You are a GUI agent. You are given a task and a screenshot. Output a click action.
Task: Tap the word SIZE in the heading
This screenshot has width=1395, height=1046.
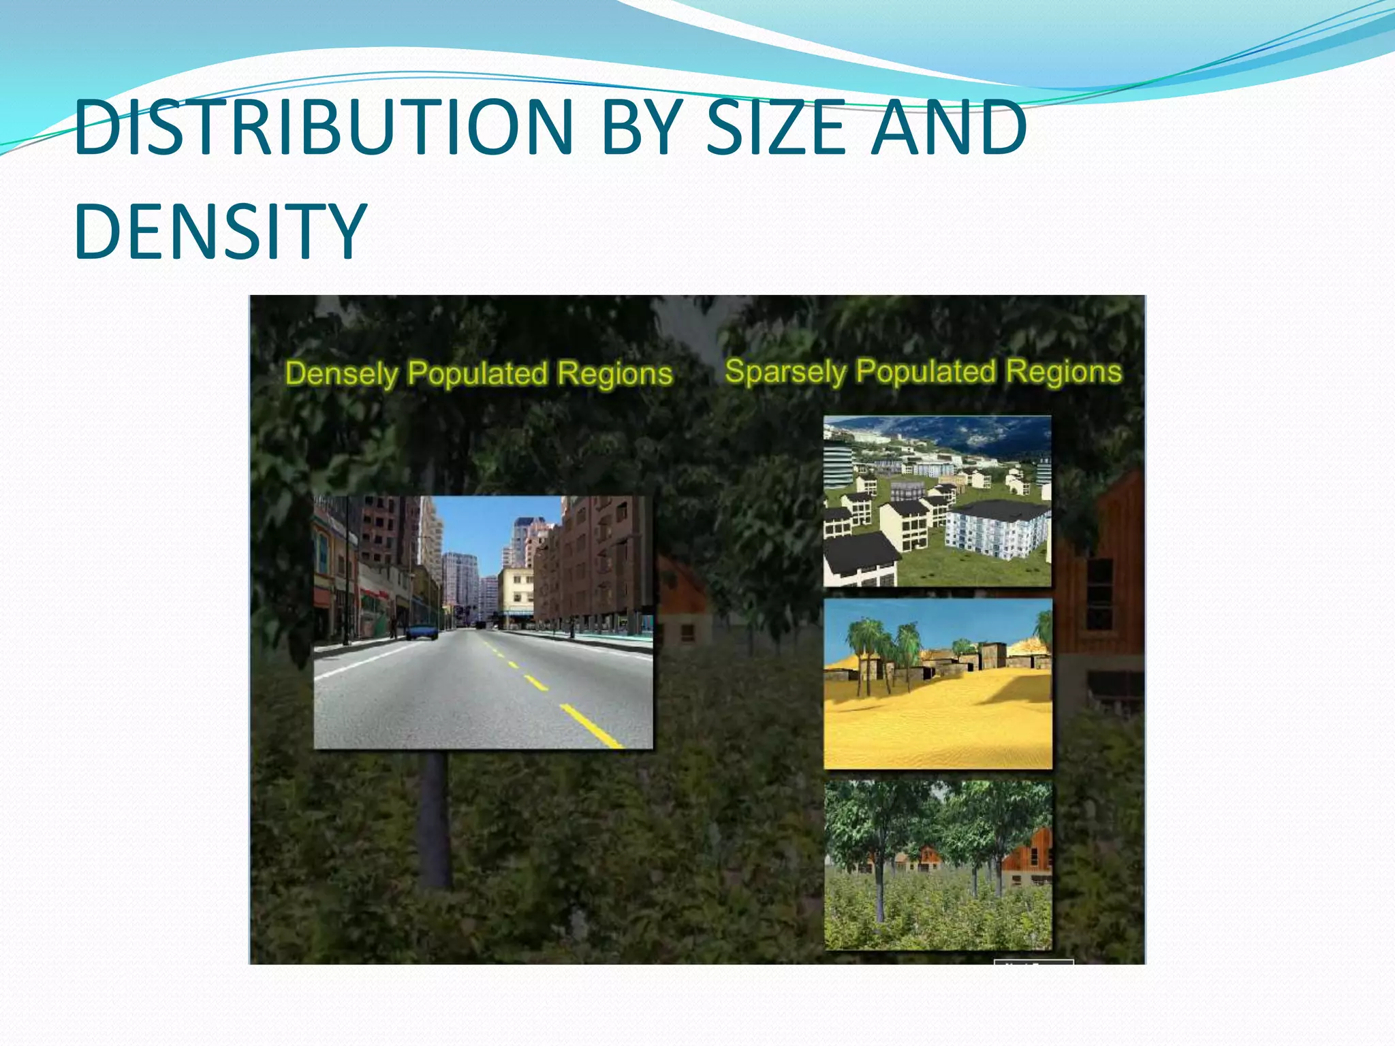pyautogui.click(x=777, y=127)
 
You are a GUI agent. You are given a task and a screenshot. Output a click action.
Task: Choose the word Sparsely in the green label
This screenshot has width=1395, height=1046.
pyautogui.click(x=785, y=372)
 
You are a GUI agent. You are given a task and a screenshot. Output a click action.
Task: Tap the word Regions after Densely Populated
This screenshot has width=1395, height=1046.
pyautogui.click(x=614, y=374)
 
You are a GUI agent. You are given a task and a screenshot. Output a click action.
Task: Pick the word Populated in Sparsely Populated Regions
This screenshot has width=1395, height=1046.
pyautogui.click(x=926, y=372)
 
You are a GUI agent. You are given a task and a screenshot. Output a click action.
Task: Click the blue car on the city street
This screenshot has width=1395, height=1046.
pyautogui.click(x=422, y=631)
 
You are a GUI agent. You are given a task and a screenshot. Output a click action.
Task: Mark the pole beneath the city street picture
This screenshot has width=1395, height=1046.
pyautogui.click(x=435, y=817)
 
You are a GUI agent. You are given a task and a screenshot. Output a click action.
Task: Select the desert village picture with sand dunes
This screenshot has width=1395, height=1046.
pyautogui.click(x=938, y=684)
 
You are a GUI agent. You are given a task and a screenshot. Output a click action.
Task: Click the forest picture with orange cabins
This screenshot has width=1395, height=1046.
pyautogui.click(x=938, y=866)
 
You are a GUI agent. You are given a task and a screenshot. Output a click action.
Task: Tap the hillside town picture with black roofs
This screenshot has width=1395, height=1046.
pyautogui.click(x=937, y=501)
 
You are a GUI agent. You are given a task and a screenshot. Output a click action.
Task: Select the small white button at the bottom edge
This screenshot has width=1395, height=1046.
pyautogui.click(x=1033, y=962)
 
